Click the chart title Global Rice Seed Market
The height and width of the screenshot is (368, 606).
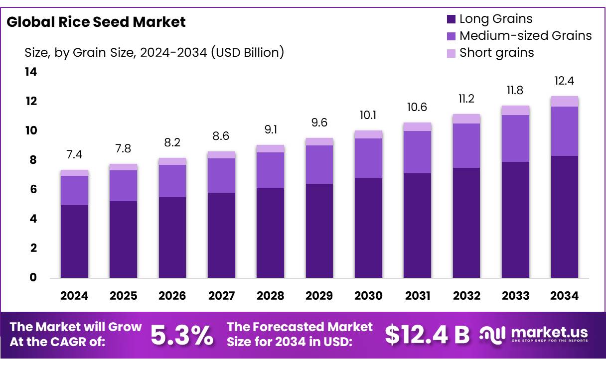96,22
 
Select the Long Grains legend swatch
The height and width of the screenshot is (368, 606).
451,19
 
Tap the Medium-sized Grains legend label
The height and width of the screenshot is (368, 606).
525,36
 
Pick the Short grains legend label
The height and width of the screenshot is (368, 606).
496,53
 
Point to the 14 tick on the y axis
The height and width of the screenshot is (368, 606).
31,72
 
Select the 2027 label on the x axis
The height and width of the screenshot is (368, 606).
221,296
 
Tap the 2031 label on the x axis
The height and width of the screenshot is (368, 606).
417,296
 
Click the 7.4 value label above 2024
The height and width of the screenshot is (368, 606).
74,154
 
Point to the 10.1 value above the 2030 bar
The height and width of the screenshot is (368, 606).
368,115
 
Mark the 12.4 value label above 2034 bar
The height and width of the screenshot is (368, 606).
564,81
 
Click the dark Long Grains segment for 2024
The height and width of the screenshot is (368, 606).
74,242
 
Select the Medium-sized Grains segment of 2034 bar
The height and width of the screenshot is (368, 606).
564,131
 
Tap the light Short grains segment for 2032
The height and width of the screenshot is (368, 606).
466,119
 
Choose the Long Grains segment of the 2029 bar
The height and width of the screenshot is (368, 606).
319,231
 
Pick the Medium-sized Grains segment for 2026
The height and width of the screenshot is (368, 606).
172,181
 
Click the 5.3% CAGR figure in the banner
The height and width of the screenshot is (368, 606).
182,335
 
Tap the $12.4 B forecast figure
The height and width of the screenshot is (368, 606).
427,335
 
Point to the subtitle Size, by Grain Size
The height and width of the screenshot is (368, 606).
154,52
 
